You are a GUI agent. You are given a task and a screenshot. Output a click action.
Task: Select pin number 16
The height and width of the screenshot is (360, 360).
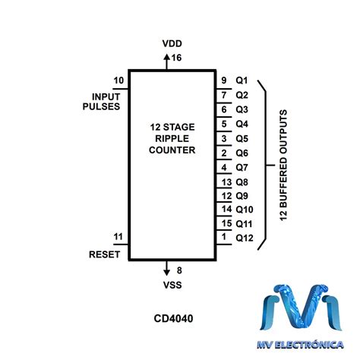tap(178, 58)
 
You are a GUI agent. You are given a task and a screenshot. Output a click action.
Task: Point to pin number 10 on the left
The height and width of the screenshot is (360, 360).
tap(118, 81)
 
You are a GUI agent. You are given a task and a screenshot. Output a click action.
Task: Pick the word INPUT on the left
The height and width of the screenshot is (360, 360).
tap(106, 96)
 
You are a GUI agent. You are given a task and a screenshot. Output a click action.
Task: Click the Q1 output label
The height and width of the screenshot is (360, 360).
tap(242, 81)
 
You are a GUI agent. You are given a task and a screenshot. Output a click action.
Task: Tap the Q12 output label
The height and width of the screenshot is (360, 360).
tap(245, 238)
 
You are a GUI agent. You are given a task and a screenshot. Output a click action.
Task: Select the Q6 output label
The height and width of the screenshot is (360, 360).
tap(242, 153)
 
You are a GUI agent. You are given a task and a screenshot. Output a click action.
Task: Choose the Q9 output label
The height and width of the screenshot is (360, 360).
tap(242, 195)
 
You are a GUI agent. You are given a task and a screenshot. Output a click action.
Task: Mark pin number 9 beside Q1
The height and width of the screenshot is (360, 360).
tap(224, 81)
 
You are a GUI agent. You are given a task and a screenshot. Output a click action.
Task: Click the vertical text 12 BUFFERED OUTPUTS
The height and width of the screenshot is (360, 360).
tap(283, 164)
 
